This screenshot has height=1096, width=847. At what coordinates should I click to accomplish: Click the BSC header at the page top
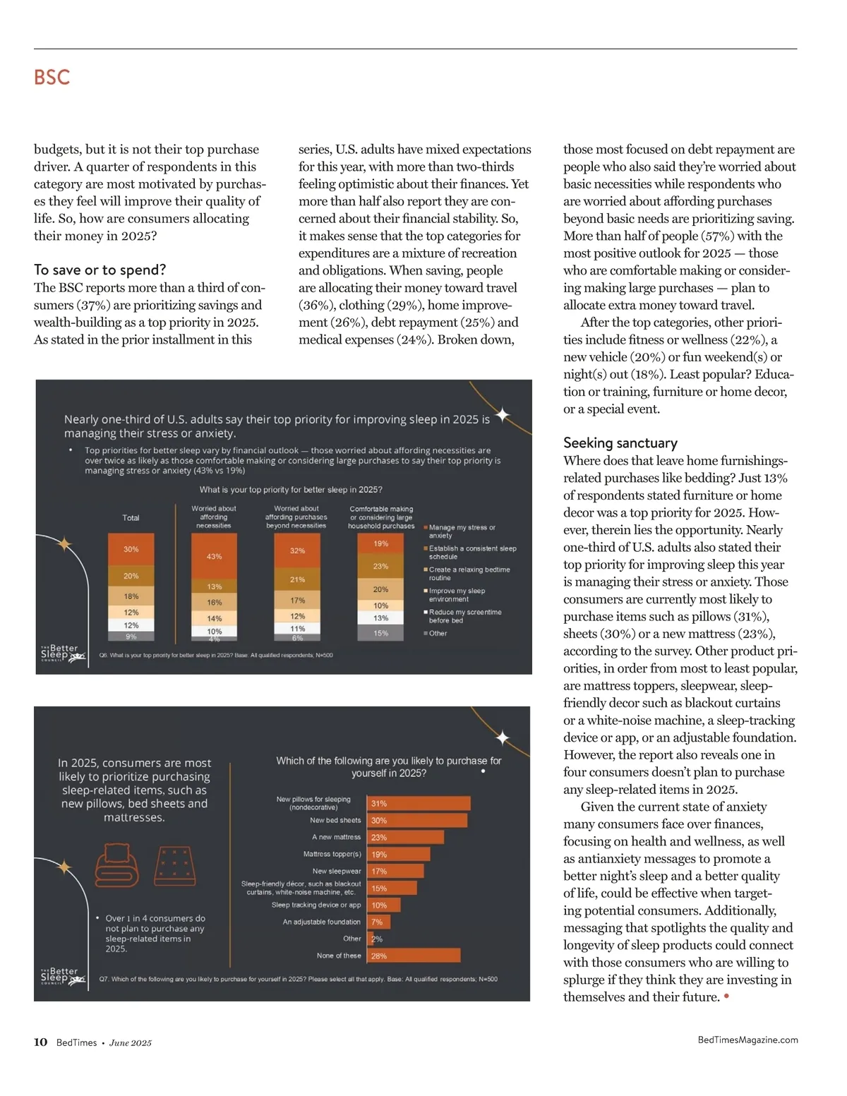point(52,77)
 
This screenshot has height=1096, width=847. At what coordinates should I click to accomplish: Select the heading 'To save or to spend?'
point(100,270)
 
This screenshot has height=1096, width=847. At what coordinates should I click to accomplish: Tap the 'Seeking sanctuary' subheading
point(620,442)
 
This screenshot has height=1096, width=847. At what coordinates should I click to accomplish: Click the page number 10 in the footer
point(40,1042)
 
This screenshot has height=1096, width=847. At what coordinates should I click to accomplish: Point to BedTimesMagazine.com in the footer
point(747,1040)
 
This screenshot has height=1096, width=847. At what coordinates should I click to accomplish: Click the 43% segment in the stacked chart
point(214,556)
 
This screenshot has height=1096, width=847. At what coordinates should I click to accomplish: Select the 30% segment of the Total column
point(131,549)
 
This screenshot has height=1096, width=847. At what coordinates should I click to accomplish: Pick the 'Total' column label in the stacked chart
point(131,517)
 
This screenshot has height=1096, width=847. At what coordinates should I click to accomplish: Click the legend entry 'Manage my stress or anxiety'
point(462,531)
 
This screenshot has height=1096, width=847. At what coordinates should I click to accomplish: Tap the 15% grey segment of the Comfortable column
point(380,633)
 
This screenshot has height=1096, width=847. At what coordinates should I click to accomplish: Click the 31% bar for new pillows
point(419,803)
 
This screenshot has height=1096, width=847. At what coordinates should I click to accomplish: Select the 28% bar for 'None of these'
point(414,956)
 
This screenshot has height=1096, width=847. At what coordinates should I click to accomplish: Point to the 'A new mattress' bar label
point(336,837)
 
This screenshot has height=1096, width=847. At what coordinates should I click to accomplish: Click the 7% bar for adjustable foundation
point(378,922)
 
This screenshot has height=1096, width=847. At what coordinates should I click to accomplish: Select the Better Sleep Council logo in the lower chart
point(62,976)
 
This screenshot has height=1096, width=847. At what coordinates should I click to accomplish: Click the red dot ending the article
point(726,996)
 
